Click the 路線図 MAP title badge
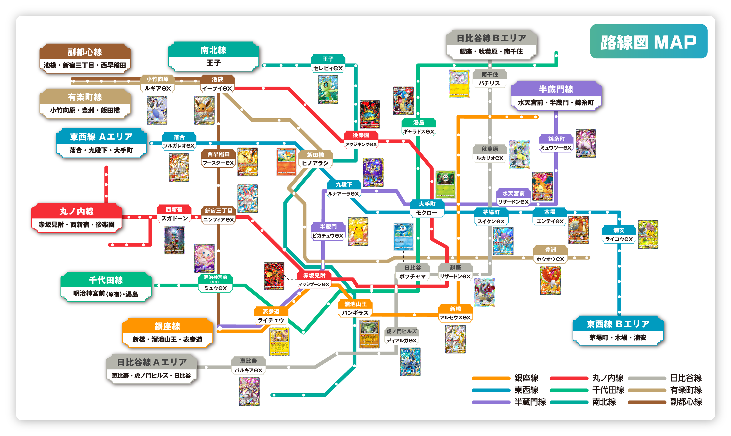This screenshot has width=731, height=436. coord(648,41)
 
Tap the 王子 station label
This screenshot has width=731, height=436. coord(328,59)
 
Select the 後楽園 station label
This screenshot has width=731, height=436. coord(361,135)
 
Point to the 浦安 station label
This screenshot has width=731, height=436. coord(619,230)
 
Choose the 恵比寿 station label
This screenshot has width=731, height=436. coord(248,361)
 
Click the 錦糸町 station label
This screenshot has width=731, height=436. coord(556,139)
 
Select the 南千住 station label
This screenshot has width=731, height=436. coord(489,74)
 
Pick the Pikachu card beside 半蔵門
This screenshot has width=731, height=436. coord(358,232)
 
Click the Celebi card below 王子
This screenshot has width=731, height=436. coord(328,90)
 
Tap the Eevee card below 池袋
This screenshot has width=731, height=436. coord(204,110)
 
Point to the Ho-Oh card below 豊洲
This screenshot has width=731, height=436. coord(550,281)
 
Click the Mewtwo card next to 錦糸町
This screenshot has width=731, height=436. coord(585,143)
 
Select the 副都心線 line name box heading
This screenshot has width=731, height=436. coord(85,52)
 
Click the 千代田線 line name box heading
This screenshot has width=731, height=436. coord(106,280)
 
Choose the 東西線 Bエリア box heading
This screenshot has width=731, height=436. coord(618,324)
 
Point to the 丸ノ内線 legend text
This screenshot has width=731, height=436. coord(607,378)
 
